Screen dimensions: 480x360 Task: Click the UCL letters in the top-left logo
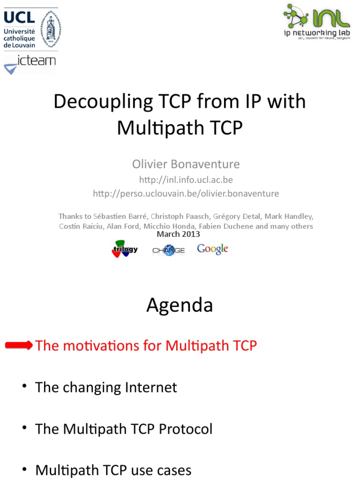click(19, 17)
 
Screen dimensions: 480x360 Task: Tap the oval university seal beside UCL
click(50, 28)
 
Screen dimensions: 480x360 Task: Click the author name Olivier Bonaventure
click(186, 164)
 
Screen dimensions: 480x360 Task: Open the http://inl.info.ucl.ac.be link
click(186, 180)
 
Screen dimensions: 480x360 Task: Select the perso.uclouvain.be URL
click(186, 193)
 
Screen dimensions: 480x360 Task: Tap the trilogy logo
click(125, 249)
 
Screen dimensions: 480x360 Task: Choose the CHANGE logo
click(169, 250)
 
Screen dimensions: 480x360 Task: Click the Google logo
click(213, 249)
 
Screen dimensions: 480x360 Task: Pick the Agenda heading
click(180, 305)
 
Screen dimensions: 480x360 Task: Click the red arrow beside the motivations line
click(19, 345)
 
